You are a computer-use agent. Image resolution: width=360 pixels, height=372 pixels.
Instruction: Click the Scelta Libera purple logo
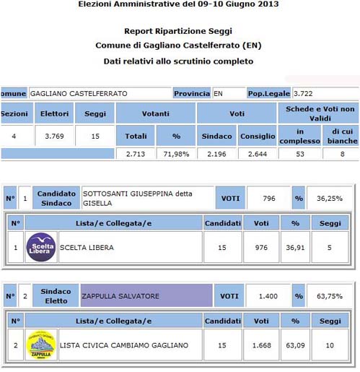41,247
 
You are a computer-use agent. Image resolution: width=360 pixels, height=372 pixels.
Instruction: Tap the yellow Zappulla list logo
41,345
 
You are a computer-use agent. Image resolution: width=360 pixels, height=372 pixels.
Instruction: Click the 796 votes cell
268,198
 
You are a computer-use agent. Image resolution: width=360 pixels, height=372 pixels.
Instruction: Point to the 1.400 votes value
268,295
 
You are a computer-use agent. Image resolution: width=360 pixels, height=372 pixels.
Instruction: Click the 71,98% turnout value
175,153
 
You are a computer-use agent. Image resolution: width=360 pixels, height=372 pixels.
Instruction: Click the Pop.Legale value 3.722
312,93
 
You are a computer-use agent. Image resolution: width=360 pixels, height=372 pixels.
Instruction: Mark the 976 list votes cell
261,247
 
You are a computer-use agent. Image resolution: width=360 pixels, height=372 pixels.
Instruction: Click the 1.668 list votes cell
261,345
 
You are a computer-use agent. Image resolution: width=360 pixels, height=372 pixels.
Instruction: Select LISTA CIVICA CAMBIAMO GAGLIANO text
123,345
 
